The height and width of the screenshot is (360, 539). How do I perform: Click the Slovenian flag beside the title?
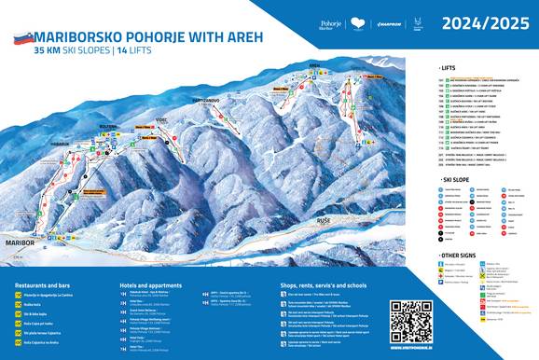(x=23, y=38)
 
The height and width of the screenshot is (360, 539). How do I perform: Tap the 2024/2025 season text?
(x=478, y=21)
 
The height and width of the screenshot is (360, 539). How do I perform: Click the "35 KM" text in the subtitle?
(x=49, y=53)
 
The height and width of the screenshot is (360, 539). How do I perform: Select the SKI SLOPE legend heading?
(x=458, y=177)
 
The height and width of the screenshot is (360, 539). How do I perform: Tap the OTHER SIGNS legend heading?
(x=462, y=255)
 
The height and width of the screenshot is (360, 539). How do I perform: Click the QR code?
(x=411, y=321)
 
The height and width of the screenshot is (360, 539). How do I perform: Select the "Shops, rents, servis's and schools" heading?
(x=326, y=284)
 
